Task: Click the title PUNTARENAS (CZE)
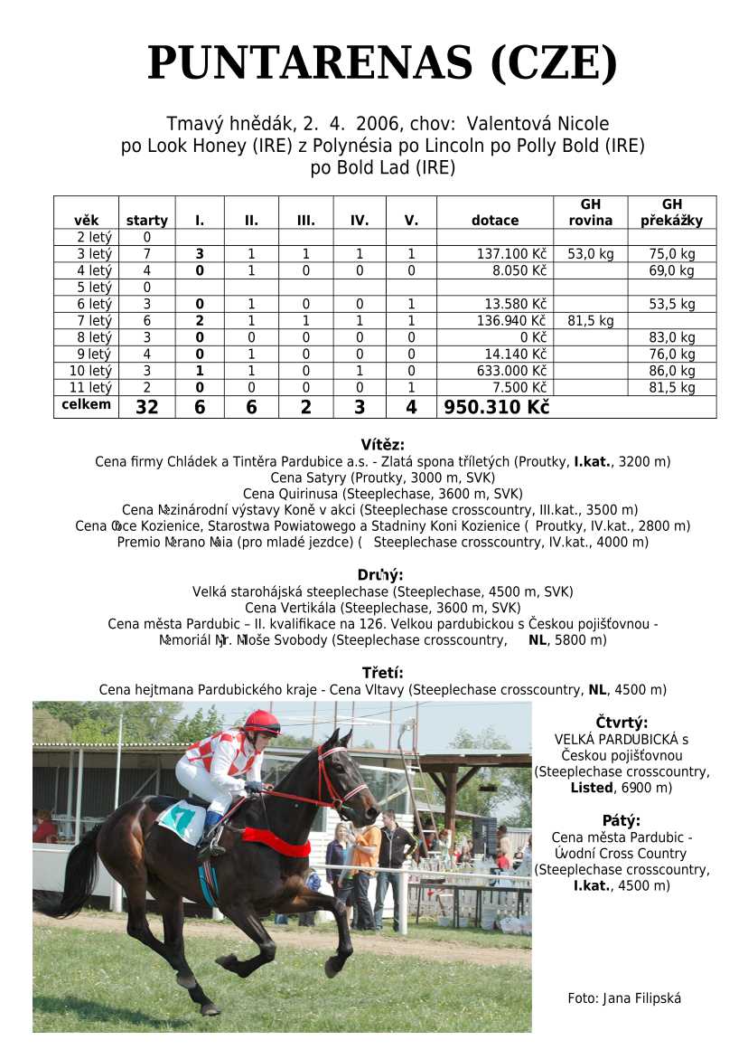382,63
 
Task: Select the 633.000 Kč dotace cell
511,371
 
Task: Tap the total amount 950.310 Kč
496,408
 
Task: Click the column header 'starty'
146,220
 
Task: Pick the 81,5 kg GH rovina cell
590,321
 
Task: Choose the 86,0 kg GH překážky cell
671,371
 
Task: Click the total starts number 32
146,408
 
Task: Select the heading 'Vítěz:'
382,444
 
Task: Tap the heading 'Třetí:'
382,673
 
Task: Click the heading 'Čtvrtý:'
622,723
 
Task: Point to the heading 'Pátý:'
622,821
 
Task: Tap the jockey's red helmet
261,721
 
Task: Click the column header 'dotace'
495,220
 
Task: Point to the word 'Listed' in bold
591,788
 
